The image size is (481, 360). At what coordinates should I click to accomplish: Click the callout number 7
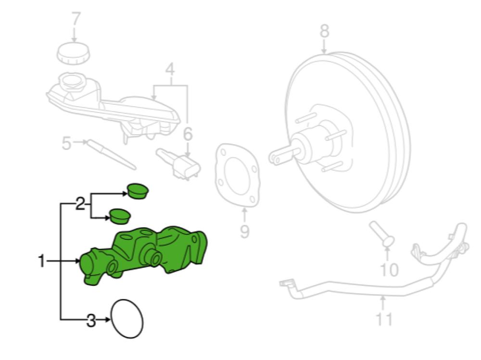tap(75, 19)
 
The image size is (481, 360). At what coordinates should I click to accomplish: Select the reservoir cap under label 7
tap(74, 54)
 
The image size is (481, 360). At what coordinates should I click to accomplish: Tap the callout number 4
tap(170, 69)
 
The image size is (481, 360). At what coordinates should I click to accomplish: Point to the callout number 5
tap(66, 143)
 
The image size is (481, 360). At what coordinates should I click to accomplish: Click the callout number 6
tap(188, 134)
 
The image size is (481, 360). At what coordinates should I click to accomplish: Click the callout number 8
tap(324, 31)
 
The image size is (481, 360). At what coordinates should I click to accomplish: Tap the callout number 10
tap(389, 269)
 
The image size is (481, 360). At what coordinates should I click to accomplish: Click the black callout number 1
tap(41, 261)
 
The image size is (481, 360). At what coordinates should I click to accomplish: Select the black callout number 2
tap(80, 204)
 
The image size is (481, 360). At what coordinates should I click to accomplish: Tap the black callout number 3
tap(91, 321)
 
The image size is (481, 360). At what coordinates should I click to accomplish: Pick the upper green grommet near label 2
tap(138, 191)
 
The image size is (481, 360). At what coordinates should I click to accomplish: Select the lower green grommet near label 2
tap(120, 216)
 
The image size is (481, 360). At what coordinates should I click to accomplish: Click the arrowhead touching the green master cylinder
tap(78, 261)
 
